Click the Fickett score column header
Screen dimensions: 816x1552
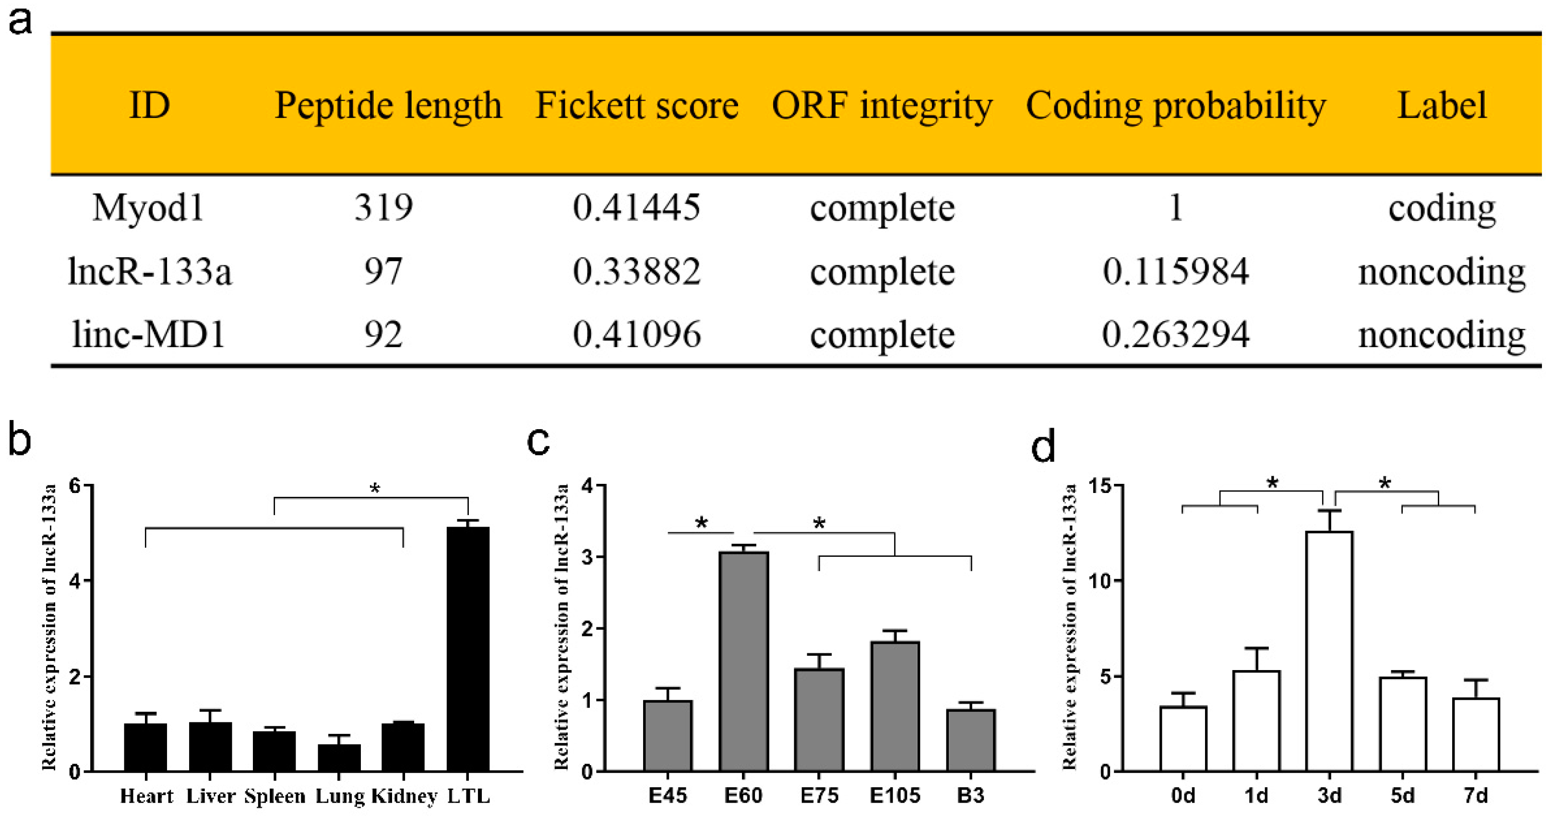point(637,106)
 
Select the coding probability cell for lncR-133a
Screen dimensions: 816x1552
point(1175,272)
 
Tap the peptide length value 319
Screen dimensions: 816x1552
point(383,208)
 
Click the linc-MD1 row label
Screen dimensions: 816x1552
point(149,335)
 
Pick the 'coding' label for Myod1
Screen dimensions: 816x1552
point(1442,208)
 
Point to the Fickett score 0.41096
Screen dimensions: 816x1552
point(637,335)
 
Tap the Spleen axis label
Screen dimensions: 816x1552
point(275,797)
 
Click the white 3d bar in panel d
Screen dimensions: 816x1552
point(1329,651)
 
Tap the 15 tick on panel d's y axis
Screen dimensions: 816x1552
point(1100,486)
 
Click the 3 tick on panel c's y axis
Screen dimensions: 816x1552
point(588,557)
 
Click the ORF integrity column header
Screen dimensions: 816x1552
point(882,106)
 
